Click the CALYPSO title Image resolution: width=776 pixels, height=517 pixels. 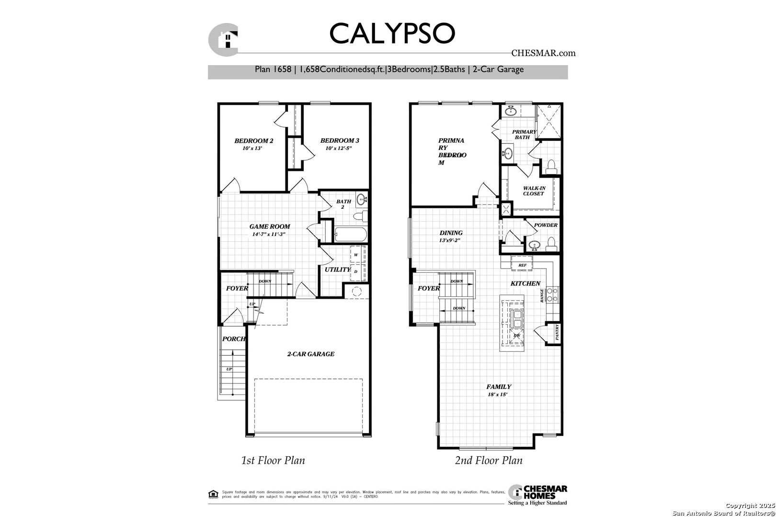tap(391, 33)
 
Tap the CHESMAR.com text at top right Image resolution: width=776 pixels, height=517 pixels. tap(543, 53)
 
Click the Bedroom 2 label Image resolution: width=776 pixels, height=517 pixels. tap(253, 141)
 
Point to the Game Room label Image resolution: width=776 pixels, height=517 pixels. tap(269, 226)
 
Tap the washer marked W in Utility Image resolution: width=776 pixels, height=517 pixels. tap(356, 255)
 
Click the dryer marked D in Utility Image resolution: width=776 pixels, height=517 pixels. tap(356, 271)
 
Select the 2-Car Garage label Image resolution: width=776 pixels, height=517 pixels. tap(310, 354)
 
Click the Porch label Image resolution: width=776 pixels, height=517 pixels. tap(234, 339)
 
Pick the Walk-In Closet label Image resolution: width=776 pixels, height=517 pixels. tap(534, 191)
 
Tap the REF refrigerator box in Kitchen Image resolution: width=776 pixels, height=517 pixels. tap(522, 265)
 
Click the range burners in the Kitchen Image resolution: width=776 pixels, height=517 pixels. tap(552, 293)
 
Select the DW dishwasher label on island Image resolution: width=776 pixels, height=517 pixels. tap(516, 336)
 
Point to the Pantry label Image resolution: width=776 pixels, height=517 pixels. tap(557, 332)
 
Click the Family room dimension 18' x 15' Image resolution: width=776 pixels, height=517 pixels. tap(497, 394)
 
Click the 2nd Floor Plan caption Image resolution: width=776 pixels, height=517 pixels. tap(488, 461)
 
